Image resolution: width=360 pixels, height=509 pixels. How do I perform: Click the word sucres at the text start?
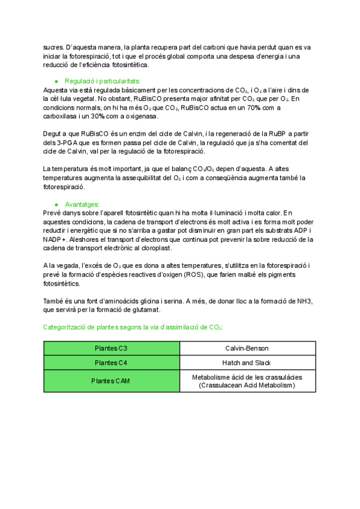pos(53,46)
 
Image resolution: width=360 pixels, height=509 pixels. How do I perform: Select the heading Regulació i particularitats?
pos(103,80)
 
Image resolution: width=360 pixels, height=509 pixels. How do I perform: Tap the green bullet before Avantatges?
pos(56,204)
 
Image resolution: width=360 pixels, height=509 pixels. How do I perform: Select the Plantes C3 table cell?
pos(112,348)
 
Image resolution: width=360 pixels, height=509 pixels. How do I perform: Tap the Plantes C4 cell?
pos(112,363)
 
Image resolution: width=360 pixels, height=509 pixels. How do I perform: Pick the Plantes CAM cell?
pos(112,381)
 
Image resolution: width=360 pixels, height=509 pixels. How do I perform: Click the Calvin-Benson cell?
pos(247,348)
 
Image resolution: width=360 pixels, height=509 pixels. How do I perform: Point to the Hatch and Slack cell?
pos(247,363)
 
